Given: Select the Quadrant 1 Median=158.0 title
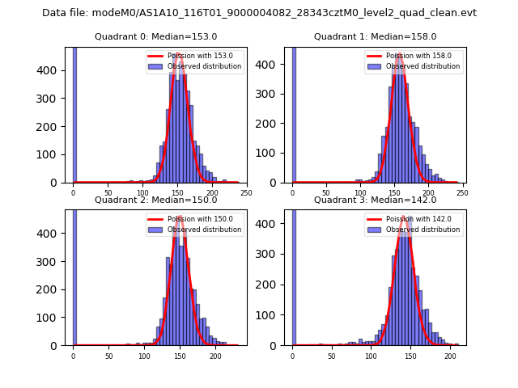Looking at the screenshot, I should pos(375,36).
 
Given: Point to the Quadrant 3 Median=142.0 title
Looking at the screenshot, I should pos(375,200).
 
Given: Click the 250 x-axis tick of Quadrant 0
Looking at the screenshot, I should pos(246,193).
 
